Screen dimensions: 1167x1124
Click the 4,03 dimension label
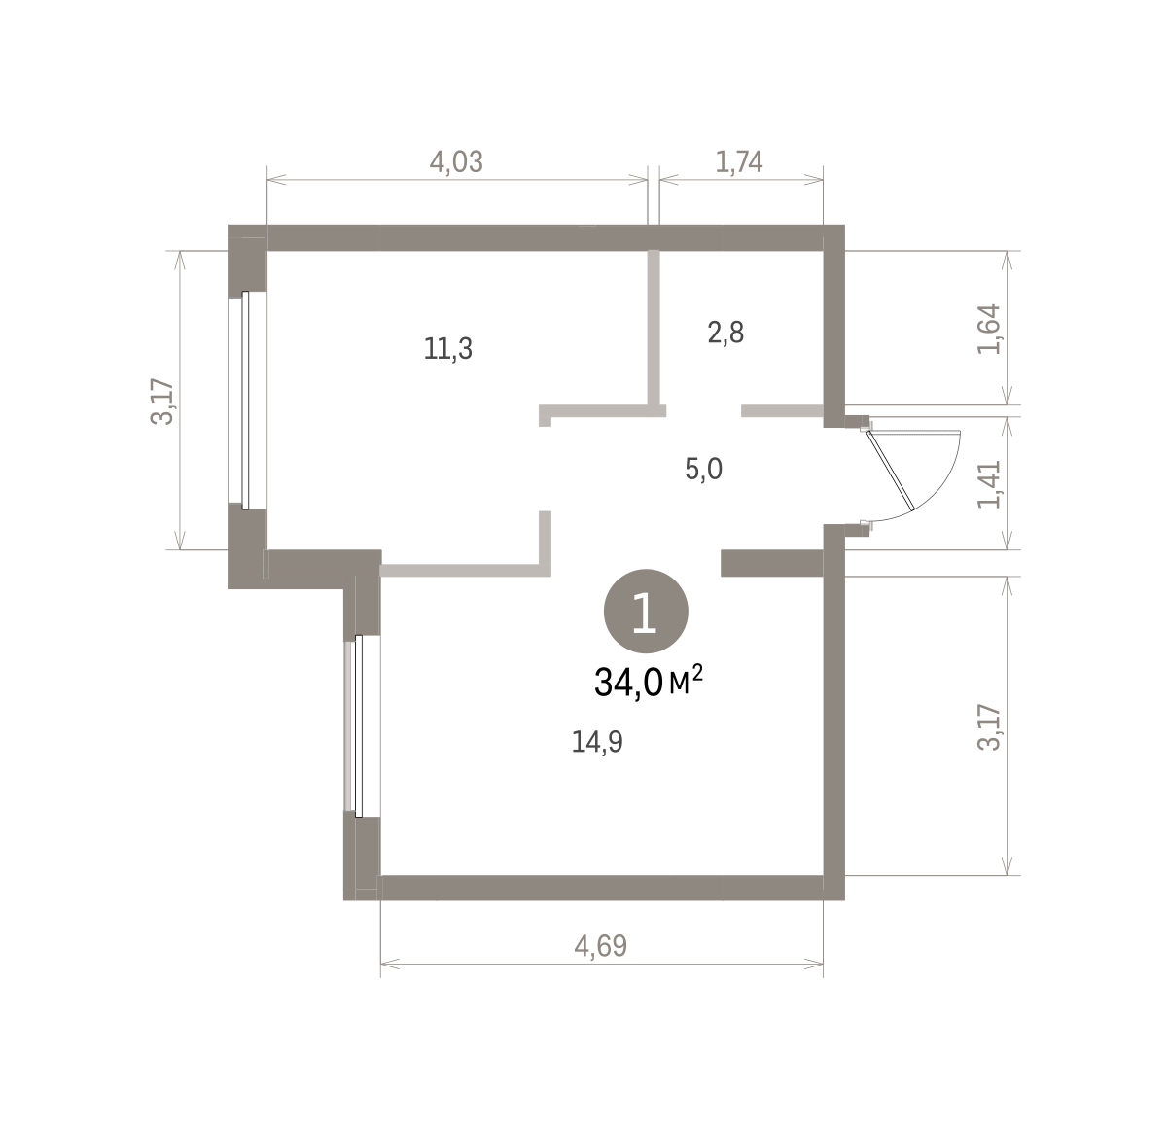456,161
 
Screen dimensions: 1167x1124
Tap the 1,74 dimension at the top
739,161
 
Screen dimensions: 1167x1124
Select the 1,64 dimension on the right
989,329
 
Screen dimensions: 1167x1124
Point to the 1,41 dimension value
989,484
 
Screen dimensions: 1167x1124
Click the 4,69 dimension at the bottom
600,946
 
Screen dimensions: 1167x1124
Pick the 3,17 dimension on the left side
161,402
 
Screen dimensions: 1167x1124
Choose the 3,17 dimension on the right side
989,728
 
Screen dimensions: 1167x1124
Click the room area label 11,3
448,348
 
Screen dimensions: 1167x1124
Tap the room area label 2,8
725,333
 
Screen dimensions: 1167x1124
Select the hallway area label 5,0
703,469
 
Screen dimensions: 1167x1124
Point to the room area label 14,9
597,742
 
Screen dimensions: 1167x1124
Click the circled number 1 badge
646,611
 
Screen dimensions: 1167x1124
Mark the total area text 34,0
628,683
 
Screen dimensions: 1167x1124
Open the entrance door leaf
890,470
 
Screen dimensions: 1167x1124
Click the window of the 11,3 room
245,401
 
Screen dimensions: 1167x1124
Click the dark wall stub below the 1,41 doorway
772,563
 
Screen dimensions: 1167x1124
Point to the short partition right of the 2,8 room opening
782,410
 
